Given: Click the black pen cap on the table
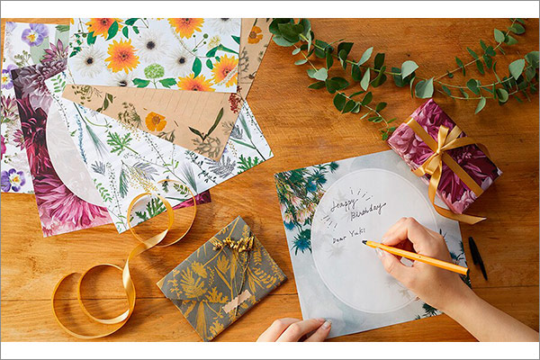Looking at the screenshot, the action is coord(477,257).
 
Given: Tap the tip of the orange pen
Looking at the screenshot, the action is coord(364,242).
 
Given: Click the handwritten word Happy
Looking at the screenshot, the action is coord(345,203).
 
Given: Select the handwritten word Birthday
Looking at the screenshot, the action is coord(368,211).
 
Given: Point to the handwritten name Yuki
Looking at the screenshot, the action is coord(356,233).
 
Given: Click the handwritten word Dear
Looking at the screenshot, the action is coord(339,238).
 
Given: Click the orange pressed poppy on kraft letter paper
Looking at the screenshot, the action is coord(156,121).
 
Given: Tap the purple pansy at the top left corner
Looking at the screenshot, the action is coord(34,35).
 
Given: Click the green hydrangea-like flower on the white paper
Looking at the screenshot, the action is coord(154,71).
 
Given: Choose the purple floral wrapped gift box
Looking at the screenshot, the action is coord(444,156).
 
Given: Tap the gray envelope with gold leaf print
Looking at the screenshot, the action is coord(222,279).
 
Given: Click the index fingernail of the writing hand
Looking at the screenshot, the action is coord(381,253).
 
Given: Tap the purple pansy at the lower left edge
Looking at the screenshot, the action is coord(13,179).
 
